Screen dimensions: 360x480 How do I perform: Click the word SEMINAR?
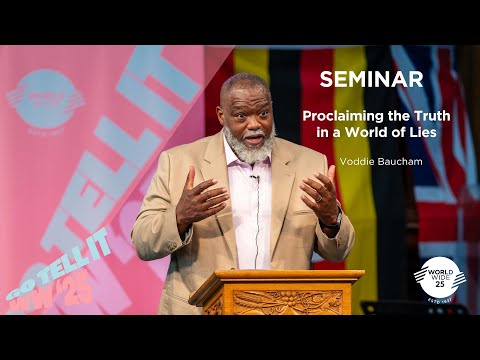[361, 79]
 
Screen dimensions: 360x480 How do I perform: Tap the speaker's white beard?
[249, 149]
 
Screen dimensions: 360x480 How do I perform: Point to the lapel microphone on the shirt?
[255, 178]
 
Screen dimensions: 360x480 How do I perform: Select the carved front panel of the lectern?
[273, 302]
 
